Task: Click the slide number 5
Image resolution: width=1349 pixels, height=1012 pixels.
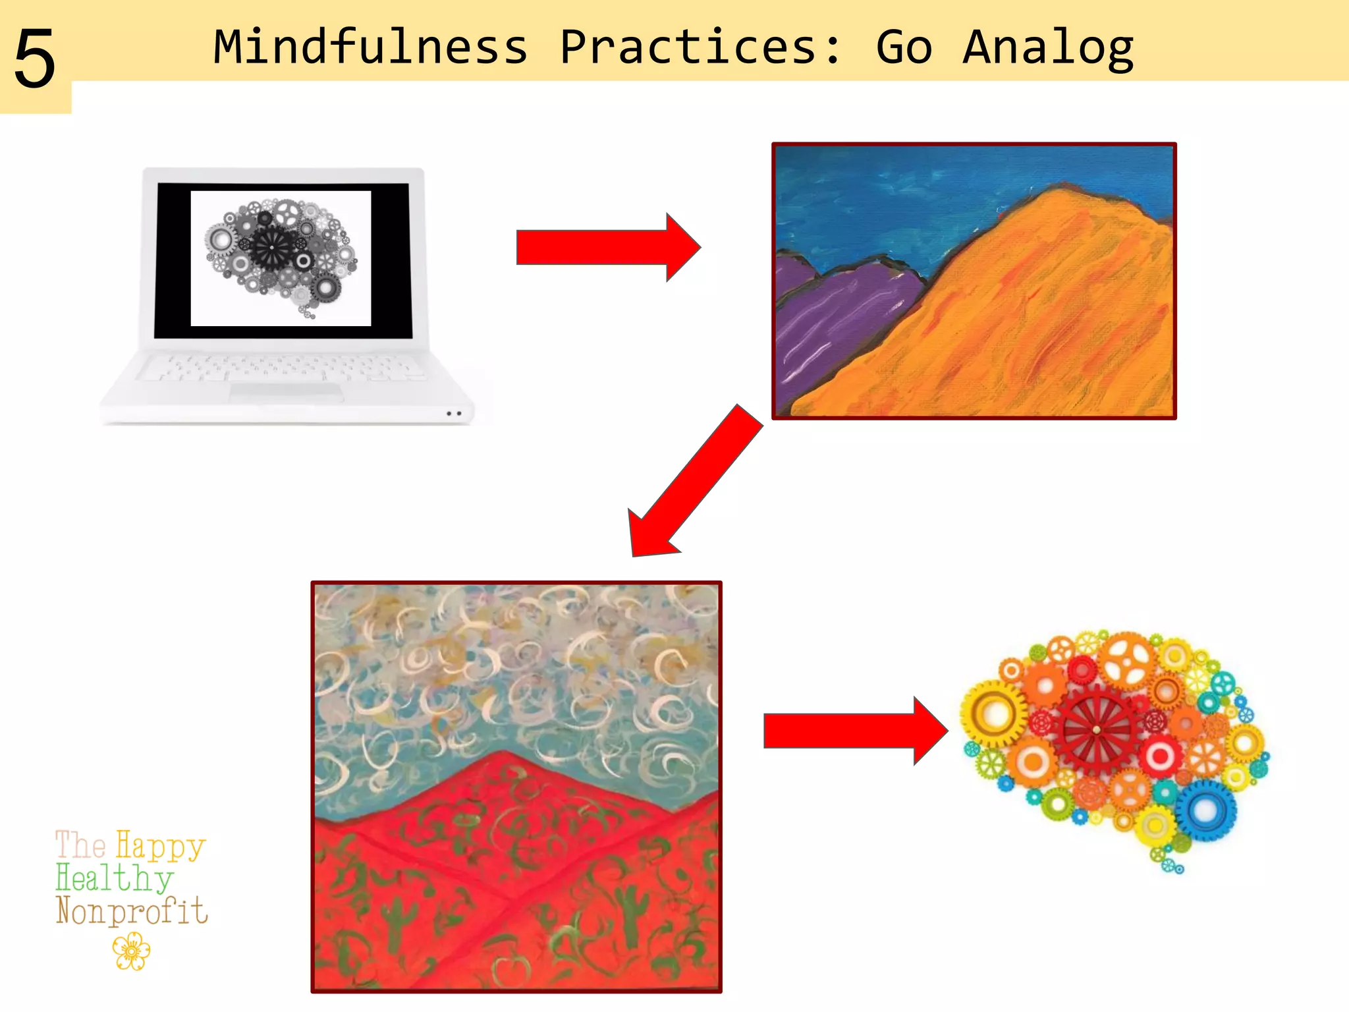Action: tap(34, 59)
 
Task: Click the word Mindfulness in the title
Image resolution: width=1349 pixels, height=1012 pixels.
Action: tap(371, 47)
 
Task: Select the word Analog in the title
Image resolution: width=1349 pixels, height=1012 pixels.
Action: tap(1047, 47)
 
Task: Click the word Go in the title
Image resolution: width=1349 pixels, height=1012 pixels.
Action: tap(904, 47)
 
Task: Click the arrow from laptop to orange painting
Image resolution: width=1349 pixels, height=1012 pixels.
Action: tap(606, 248)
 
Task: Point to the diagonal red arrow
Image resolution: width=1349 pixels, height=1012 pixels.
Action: tap(695, 482)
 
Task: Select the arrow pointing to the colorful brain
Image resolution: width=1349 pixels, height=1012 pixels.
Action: tap(854, 731)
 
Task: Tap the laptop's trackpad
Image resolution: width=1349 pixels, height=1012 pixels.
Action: tap(286, 393)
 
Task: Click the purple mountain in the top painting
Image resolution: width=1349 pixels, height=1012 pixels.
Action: tap(837, 310)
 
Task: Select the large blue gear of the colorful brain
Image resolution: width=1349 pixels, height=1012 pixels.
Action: tap(1205, 810)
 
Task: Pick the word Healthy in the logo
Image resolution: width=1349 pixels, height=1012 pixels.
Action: tap(115, 878)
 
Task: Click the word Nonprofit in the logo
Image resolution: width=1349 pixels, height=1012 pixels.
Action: tap(132, 911)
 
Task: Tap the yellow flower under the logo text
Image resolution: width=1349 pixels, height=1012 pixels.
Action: tap(131, 953)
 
